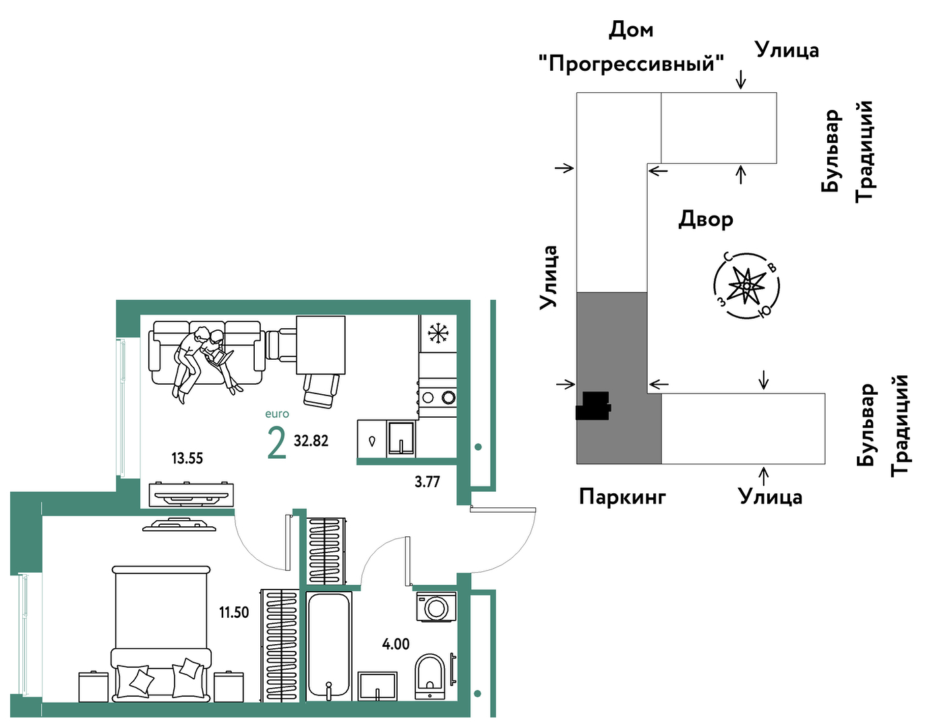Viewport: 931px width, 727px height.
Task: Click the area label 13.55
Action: pos(187,459)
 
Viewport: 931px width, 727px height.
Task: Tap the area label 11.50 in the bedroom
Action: pos(234,612)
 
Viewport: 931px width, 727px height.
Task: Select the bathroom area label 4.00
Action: pos(396,644)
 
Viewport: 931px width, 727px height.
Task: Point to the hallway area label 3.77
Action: pos(427,482)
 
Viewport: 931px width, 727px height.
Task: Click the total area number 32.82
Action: pos(311,441)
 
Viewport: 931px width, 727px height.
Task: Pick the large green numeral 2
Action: pos(277,443)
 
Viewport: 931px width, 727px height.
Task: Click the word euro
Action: pos(277,414)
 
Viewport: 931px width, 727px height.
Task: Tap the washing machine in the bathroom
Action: pos(436,606)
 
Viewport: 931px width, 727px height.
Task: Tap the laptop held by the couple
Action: pos(222,358)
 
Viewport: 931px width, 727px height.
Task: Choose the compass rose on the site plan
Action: pos(747,286)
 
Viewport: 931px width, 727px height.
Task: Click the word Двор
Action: pos(706,220)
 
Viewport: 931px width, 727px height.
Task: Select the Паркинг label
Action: pos(622,497)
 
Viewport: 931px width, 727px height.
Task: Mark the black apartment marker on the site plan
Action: pos(593,406)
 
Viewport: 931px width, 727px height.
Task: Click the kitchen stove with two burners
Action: pos(438,398)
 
